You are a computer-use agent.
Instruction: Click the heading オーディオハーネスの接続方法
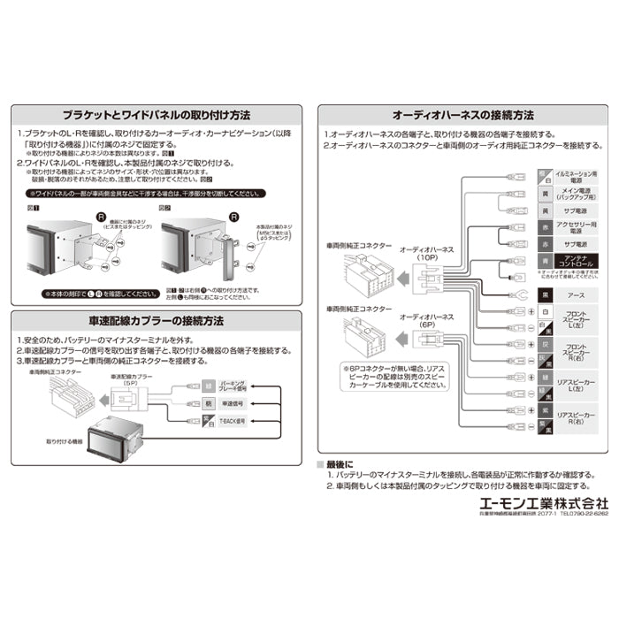click(462, 116)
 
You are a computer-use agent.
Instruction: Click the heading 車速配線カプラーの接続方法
click(156, 320)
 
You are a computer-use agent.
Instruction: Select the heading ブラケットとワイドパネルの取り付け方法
click(156, 116)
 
